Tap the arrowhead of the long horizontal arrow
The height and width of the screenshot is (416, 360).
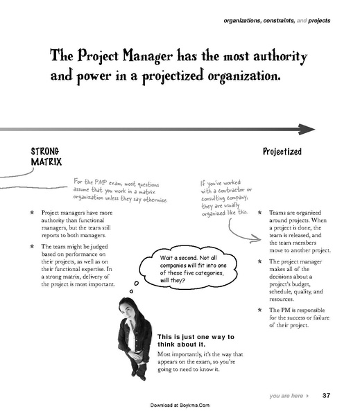click(307, 129)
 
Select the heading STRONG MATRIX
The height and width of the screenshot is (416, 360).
click(46, 156)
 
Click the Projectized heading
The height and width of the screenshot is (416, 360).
click(282, 151)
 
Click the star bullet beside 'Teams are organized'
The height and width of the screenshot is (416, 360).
click(259, 213)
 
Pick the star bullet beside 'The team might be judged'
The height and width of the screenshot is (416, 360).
click(32, 245)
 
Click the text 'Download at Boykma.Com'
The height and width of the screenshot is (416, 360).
click(180, 404)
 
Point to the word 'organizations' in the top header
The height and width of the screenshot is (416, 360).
click(244, 21)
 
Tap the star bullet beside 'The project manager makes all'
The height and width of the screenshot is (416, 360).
click(259, 261)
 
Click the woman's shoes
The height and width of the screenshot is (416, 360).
click(139, 374)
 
